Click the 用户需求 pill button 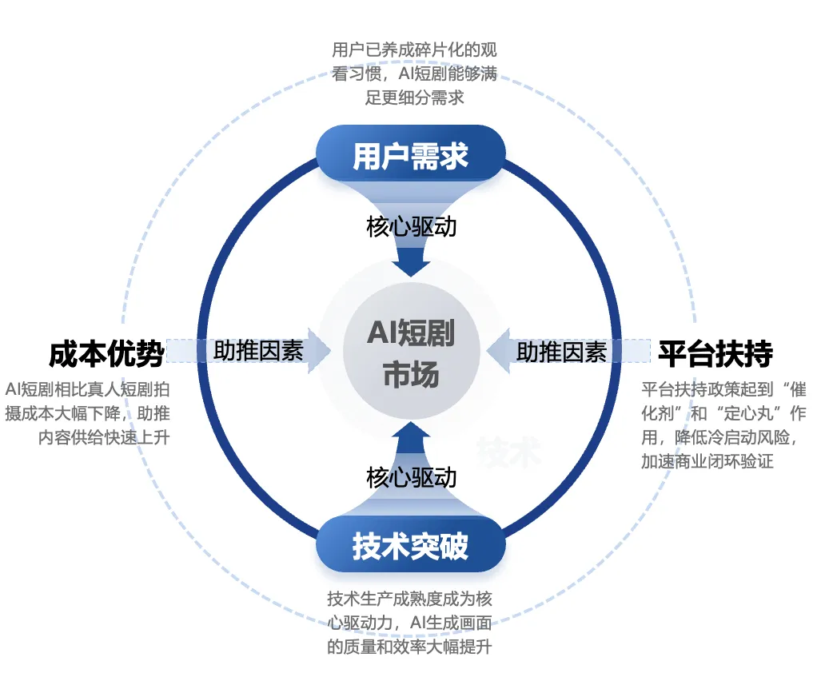[x=411, y=156]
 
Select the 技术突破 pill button [x=411, y=547]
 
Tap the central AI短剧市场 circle [x=412, y=352]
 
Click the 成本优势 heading [x=106, y=352]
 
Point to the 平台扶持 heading [x=715, y=352]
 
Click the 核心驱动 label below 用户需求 [x=412, y=226]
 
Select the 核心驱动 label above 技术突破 [x=412, y=477]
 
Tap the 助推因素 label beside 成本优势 [x=258, y=351]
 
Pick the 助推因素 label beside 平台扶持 [x=561, y=351]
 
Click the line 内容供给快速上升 [x=104, y=438]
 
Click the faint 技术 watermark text [x=509, y=453]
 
